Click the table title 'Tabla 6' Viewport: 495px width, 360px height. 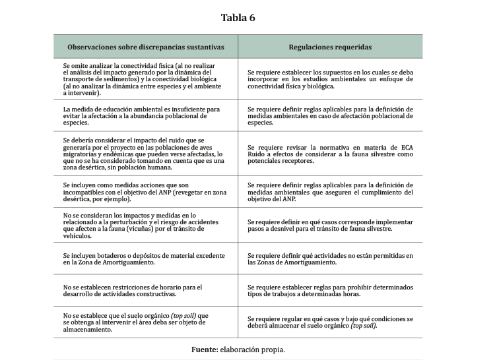[x=238, y=18]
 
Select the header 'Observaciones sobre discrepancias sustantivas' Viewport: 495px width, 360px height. [x=145, y=47]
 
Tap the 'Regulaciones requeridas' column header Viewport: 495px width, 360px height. [x=330, y=47]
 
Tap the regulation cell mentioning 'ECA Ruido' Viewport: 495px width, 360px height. [x=330, y=154]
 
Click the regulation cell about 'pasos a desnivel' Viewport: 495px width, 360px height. [x=330, y=225]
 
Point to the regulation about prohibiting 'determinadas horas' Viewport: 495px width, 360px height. [x=330, y=291]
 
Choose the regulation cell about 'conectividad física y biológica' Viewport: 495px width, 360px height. [x=330, y=79]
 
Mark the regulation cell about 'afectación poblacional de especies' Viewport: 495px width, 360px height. [x=330, y=115]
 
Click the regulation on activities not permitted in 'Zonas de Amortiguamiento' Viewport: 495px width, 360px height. [x=330, y=258]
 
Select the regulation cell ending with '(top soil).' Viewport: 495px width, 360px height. [x=330, y=322]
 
